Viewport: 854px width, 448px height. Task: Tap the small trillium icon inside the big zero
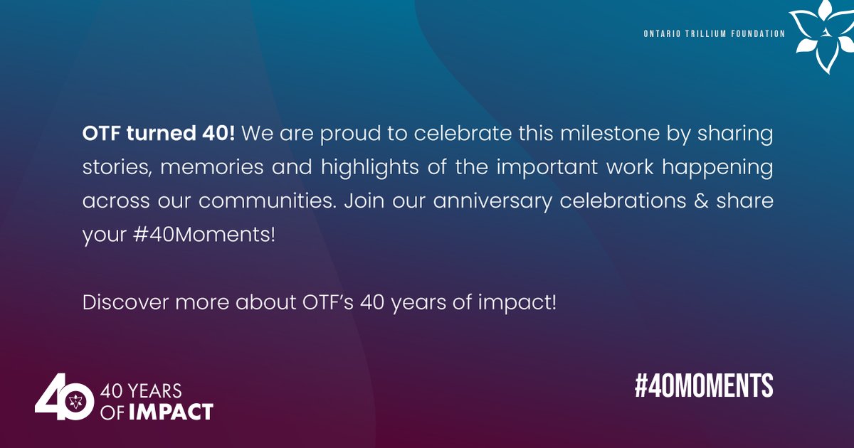click(x=78, y=402)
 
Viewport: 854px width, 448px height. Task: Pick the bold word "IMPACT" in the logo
click(x=171, y=411)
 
